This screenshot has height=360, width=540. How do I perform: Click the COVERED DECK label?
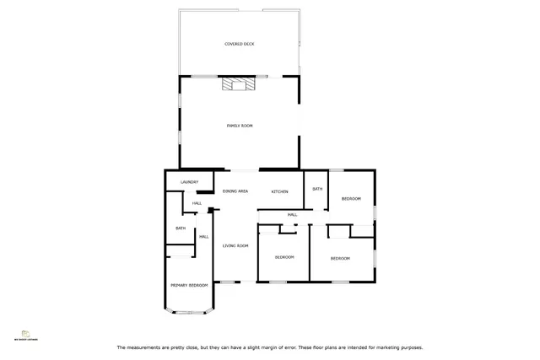pyautogui.click(x=239, y=43)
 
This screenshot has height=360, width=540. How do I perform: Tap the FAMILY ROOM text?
pyautogui.click(x=240, y=126)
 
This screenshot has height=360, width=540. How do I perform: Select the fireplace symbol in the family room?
pyautogui.click(x=235, y=83)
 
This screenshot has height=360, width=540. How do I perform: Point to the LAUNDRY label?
pyautogui.click(x=189, y=182)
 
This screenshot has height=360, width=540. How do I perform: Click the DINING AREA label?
pyautogui.click(x=235, y=191)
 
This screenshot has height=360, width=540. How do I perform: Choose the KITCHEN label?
pyautogui.click(x=280, y=191)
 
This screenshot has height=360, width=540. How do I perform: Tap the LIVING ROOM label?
pyautogui.click(x=235, y=245)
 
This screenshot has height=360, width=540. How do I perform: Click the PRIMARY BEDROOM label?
pyautogui.click(x=189, y=286)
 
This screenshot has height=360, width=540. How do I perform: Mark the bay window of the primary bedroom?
pyautogui.click(x=187, y=313)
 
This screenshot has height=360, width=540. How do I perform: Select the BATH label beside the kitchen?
pyautogui.click(x=317, y=189)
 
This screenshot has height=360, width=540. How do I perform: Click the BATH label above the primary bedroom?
pyautogui.click(x=181, y=228)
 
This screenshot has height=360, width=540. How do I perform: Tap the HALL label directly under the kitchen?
pyautogui.click(x=292, y=215)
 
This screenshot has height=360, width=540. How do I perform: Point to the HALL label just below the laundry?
pyautogui.click(x=197, y=203)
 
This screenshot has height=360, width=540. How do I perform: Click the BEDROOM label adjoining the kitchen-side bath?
pyautogui.click(x=351, y=198)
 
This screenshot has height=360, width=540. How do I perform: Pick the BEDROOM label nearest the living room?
pyautogui.click(x=284, y=256)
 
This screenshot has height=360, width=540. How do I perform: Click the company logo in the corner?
pyautogui.click(x=24, y=336)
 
